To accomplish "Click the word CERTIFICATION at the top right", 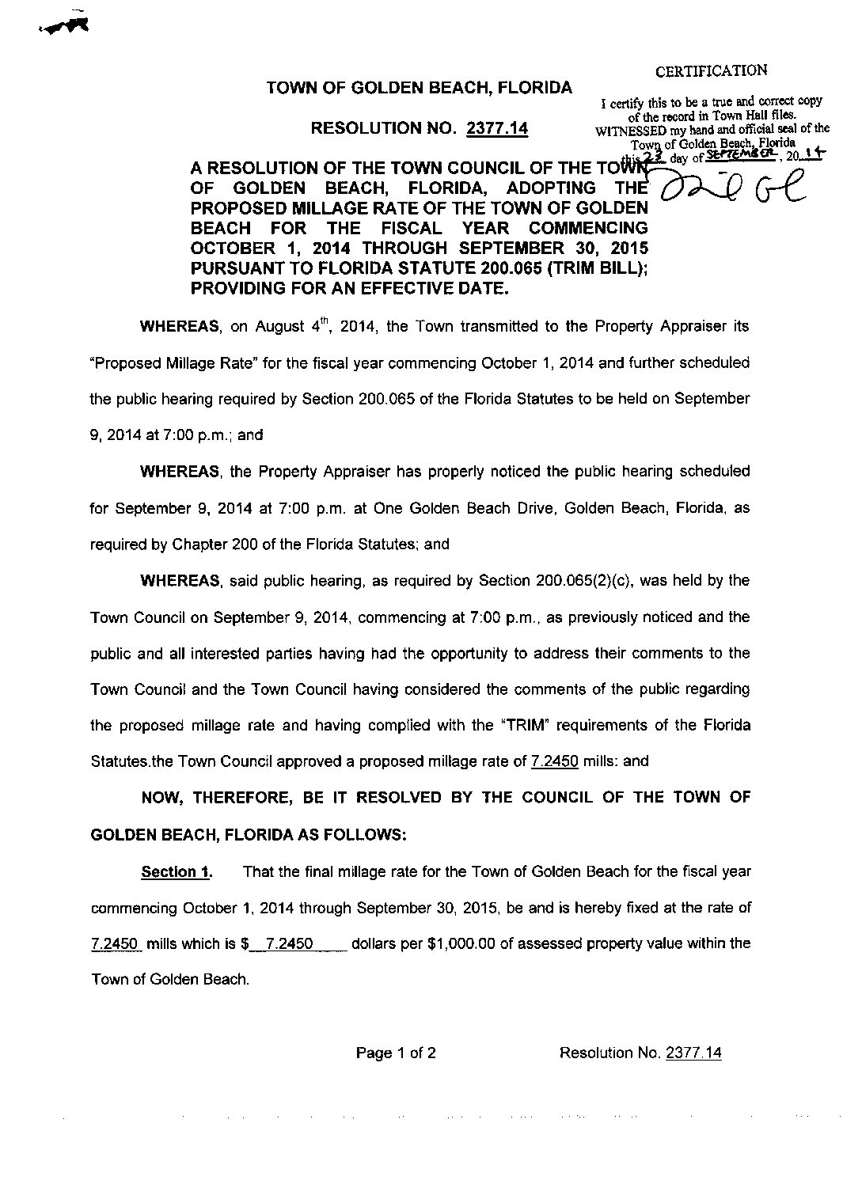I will coord(711,70).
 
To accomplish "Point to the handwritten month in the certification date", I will coord(735,156).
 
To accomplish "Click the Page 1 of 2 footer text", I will coord(396,1053).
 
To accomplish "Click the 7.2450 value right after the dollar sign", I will coord(292,943).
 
